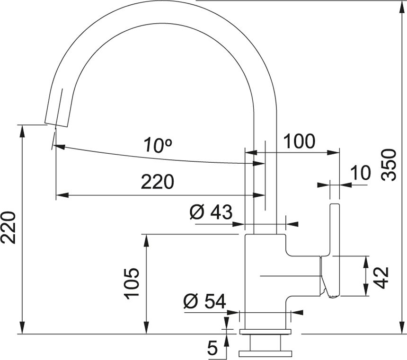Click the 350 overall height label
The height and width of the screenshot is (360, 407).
point(389,165)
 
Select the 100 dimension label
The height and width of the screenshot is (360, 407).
point(299,141)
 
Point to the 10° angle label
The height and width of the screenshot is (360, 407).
point(158,145)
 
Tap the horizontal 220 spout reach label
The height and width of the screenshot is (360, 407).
point(157,182)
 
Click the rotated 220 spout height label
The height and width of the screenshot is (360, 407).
point(8,228)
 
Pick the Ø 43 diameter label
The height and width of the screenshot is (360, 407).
point(211,212)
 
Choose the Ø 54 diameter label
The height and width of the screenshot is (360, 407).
point(204,301)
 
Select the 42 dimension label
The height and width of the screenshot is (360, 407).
point(381,278)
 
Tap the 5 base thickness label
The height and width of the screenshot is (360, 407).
point(212,348)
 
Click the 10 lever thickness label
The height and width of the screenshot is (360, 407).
point(361,172)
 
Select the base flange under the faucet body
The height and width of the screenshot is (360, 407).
point(265,332)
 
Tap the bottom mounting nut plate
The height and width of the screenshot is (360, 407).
point(265,354)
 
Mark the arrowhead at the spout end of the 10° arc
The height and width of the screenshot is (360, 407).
point(59,147)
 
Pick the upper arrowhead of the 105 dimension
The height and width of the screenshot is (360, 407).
point(147,240)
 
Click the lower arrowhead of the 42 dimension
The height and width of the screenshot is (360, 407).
point(366,290)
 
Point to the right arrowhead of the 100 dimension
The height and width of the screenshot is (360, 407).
point(334,153)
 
